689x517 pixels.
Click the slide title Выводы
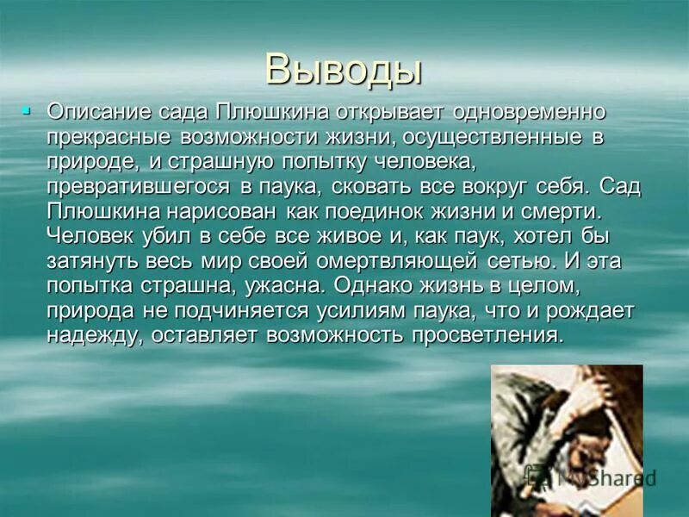point(344,69)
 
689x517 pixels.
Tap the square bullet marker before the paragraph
point(27,110)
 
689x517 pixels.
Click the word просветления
point(495,335)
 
